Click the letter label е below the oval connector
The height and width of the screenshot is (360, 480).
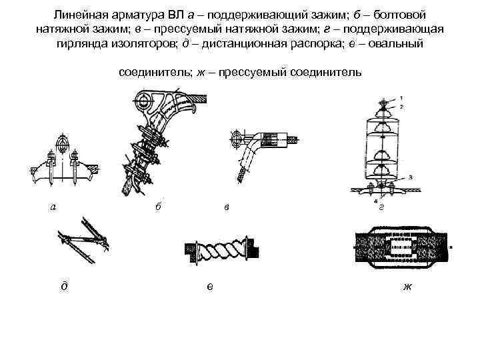210,287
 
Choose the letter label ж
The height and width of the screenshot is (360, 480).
407,287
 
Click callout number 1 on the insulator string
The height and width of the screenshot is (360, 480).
400,98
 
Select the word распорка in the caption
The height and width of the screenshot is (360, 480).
322,43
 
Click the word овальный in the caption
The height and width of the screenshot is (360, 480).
401,43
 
